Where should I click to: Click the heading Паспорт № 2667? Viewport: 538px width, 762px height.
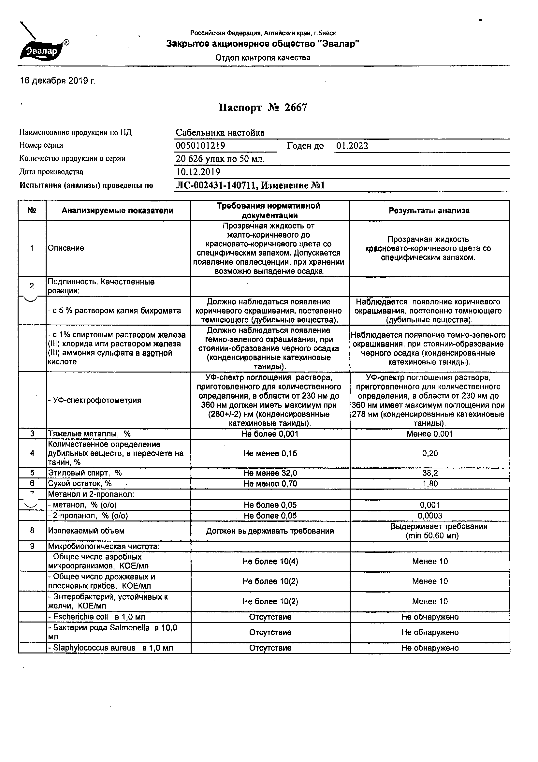click(x=263, y=108)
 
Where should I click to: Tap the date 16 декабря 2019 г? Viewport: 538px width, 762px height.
click(x=58, y=81)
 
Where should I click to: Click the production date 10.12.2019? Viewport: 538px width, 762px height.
click(x=198, y=172)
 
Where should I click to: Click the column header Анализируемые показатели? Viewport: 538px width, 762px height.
click(x=118, y=211)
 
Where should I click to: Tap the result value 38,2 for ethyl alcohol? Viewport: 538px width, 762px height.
click(x=430, y=473)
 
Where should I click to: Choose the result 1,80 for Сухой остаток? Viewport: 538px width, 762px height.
click(x=430, y=484)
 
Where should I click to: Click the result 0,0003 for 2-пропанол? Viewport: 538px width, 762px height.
click(x=430, y=515)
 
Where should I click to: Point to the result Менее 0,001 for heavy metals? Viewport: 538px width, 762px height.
click(x=429, y=434)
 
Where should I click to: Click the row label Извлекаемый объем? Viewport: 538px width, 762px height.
click(x=86, y=531)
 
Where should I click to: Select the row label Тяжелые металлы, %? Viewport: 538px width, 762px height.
click(x=89, y=434)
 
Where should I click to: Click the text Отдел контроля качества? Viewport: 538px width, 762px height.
click(x=263, y=58)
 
